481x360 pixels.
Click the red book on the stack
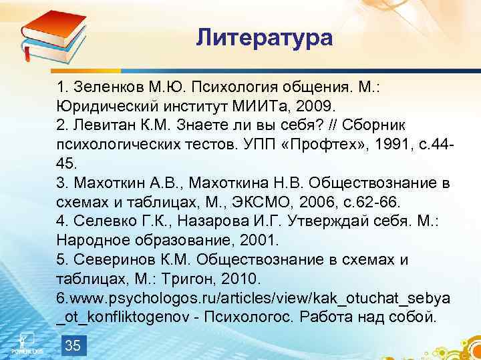(54, 27)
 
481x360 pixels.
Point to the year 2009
(320, 106)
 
